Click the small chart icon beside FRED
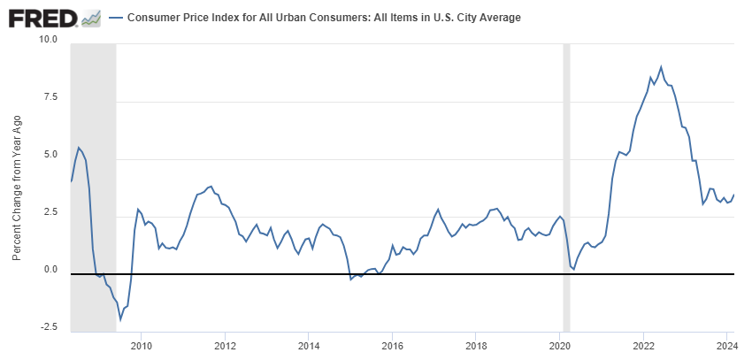[90, 18]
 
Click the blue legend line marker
[116, 18]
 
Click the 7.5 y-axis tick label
[50, 98]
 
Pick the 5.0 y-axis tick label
[50, 156]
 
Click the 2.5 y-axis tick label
[50, 213]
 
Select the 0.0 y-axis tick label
[50, 270]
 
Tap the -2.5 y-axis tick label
[48, 327]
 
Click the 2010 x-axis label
[142, 345]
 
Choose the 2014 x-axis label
[309, 345]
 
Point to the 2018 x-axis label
[476, 345]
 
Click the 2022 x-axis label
[643, 345]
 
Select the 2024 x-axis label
[726, 345]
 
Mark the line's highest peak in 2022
[661, 66]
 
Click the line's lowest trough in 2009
[120, 319]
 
